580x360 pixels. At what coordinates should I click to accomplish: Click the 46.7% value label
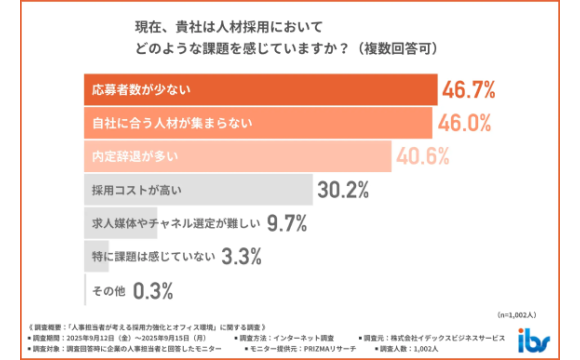[x=469, y=91]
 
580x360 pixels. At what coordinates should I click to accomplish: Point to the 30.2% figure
[x=345, y=190]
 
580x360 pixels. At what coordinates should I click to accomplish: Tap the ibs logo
[x=531, y=340]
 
